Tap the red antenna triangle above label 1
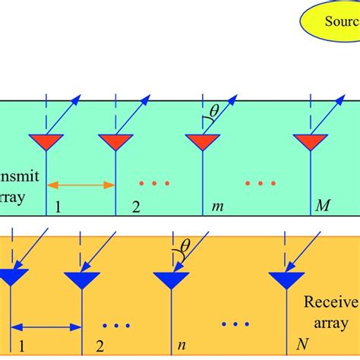[x=46, y=141]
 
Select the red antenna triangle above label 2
[x=115, y=141]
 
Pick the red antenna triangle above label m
[x=203, y=141]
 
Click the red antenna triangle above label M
[x=311, y=141]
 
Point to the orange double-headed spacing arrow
[x=81, y=184]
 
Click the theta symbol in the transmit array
[x=214, y=112]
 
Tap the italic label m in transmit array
[x=216, y=206]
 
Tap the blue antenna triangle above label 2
[x=81, y=279]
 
